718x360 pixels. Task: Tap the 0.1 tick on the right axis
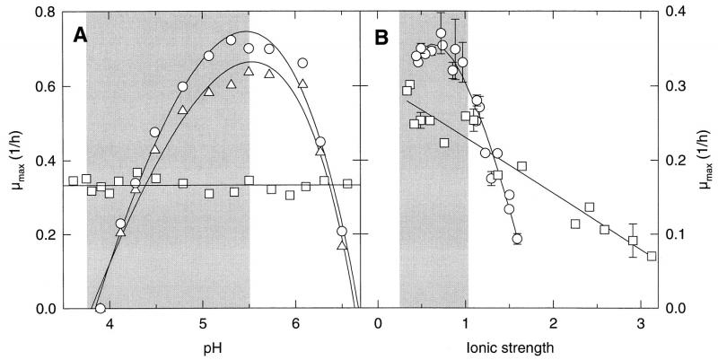(675, 234)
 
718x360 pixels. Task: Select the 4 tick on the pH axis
(110, 324)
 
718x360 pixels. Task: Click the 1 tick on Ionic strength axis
(466, 324)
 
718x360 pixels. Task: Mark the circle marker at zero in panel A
(101, 309)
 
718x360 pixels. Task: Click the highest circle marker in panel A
(231, 40)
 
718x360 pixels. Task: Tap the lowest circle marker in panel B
(517, 239)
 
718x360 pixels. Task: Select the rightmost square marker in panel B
(652, 256)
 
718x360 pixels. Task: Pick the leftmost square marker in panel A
(73, 181)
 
